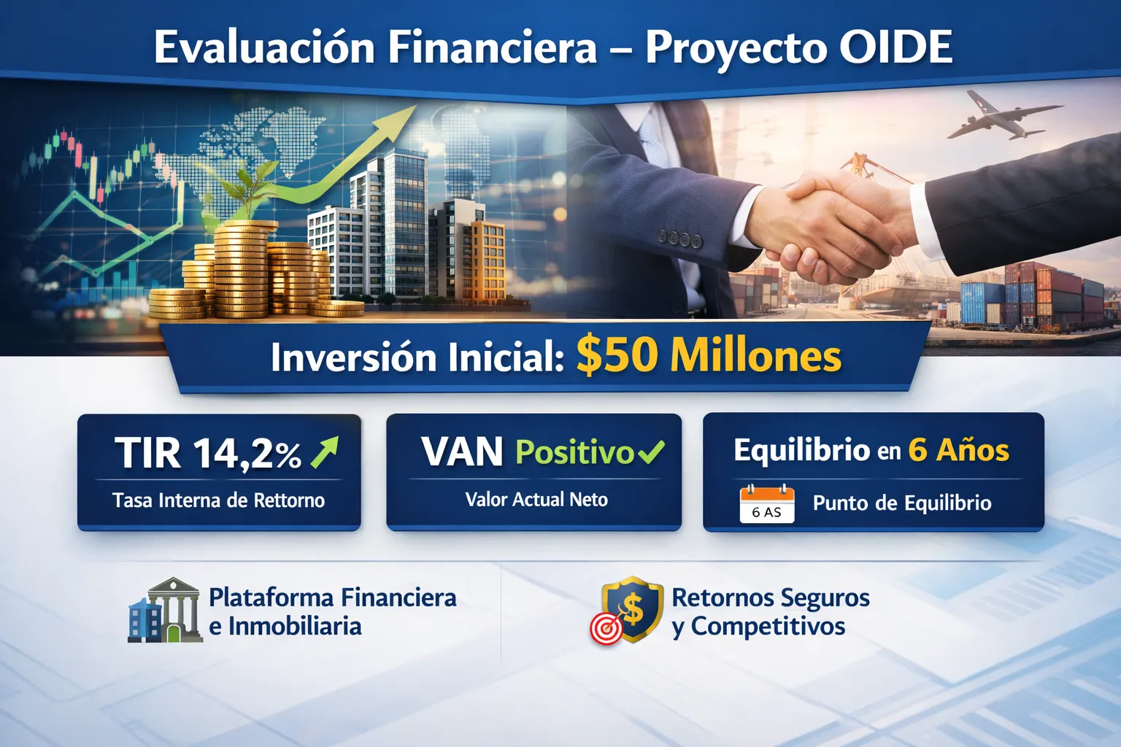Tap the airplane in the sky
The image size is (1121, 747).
click(1005, 117)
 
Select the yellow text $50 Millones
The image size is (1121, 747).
click(709, 356)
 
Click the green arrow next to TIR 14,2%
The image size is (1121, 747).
click(324, 452)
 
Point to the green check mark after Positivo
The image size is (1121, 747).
click(650, 452)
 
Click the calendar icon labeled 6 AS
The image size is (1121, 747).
click(767, 504)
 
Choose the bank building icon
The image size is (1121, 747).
click(165, 610)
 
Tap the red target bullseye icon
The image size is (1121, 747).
click(606, 628)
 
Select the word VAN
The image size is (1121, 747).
click(461, 452)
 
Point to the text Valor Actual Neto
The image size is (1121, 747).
click(536, 499)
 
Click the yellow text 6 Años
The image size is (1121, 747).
click(958, 449)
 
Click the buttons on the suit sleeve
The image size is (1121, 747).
click(679, 239)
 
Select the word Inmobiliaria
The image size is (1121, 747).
click(295, 627)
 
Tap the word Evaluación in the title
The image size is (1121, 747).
click(263, 47)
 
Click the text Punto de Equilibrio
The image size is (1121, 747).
click(902, 503)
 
